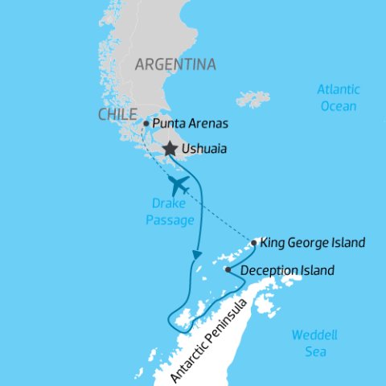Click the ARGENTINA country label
click(x=175, y=64)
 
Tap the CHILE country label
click(x=117, y=115)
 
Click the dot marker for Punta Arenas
click(x=146, y=124)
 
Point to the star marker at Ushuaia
click(x=170, y=149)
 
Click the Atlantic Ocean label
click(x=338, y=97)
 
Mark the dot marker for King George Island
click(x=254, y=242)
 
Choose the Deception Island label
click(x=286, y=270)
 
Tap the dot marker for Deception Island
click(x=228, y=270)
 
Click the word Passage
click(x=170, y=220)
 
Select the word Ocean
click(x=338, y=105)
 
